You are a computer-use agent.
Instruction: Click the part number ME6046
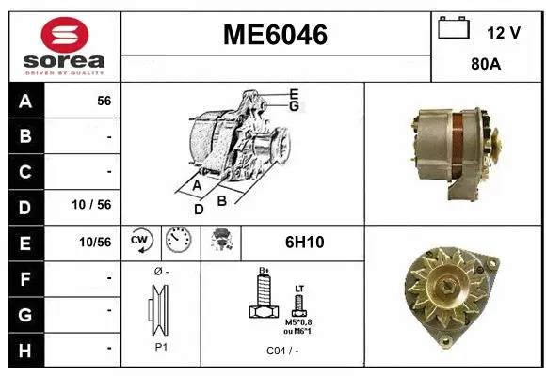(275, 36)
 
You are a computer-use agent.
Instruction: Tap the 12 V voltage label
(504, 32)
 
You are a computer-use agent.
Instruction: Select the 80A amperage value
(485, 66)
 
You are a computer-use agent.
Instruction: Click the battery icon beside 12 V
(454, 28)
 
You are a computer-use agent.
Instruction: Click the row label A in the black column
(25, 102)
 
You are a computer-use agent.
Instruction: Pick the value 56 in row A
(104, 102)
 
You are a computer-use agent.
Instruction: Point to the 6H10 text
(304, 243)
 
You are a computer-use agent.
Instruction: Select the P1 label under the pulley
(160, 346)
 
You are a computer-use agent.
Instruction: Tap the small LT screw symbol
(299, 304)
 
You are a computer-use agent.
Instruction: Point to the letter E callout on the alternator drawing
(295, 93)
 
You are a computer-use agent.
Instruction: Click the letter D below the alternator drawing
(199, 209)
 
